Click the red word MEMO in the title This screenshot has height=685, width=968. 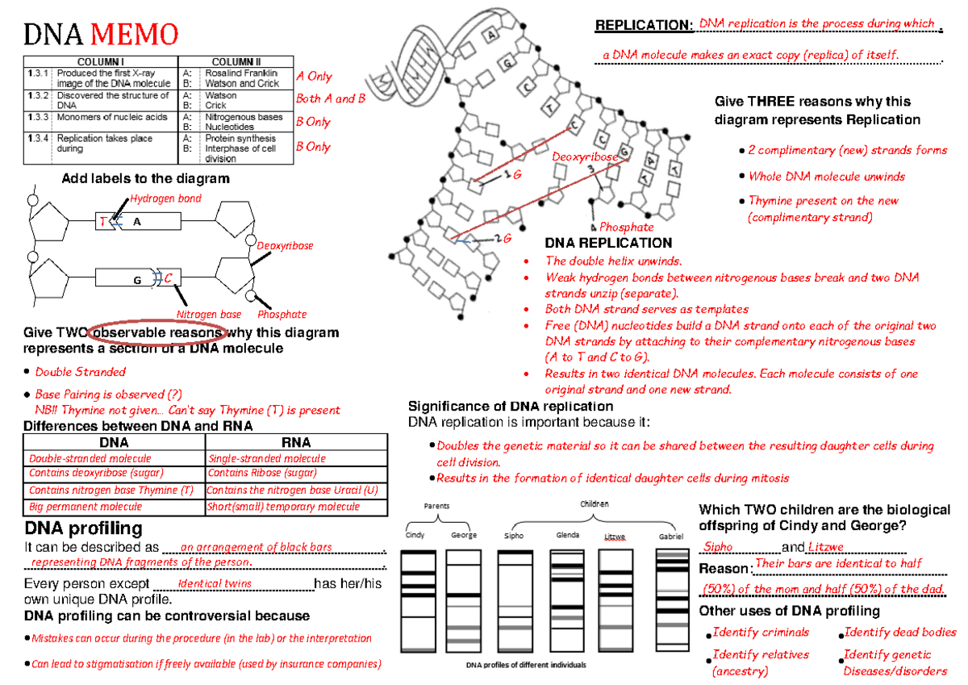(134, 35)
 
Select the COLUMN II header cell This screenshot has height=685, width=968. (236, 62)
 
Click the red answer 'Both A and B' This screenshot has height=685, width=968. (331, 98)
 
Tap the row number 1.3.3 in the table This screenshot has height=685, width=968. (38, 117)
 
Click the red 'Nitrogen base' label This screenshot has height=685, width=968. (208, 315)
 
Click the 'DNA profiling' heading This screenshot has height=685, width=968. (84, 528)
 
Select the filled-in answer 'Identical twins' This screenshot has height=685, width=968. (215, 583)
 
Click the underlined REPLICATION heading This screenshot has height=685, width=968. (644, 26)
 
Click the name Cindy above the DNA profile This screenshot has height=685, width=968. (415, 536)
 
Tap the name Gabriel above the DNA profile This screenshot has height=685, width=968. (670, 536)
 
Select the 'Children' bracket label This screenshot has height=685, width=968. (595, 504)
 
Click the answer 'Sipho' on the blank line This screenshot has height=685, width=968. (719, 547)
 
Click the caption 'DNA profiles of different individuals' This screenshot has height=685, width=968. (526, 665)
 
